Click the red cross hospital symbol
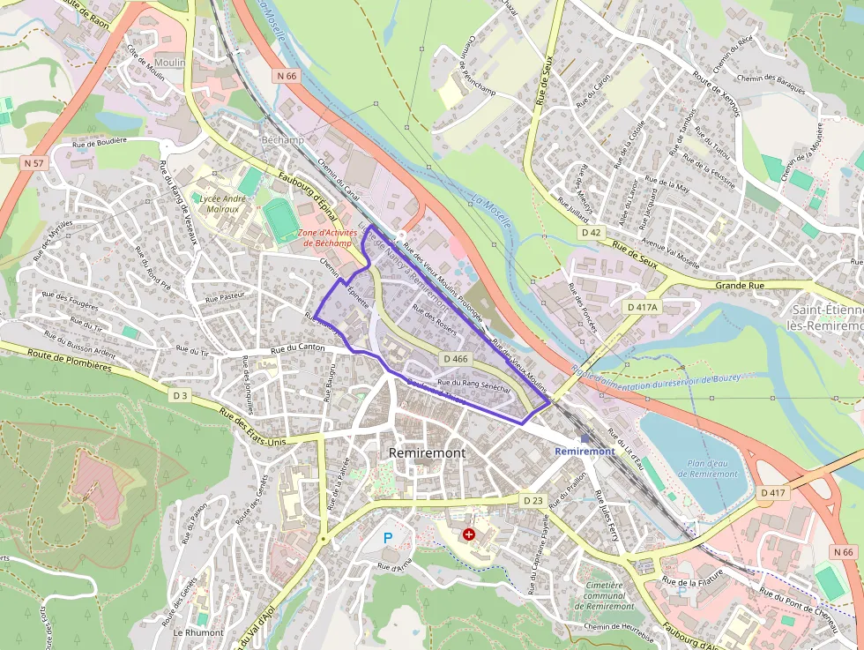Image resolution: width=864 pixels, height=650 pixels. tap(468, 534)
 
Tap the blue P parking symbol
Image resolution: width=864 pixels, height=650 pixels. tap(387, 537)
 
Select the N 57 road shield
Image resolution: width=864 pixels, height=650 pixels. tap(34, 163)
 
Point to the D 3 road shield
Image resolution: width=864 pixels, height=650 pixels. tap(180, 396)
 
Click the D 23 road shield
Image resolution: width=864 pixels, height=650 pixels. tap(533, 500)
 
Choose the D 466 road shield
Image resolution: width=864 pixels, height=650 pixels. tap(456, 359)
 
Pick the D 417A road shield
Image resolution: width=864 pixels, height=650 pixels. tap(641, 306)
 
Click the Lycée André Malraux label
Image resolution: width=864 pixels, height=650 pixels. tap(224, 205)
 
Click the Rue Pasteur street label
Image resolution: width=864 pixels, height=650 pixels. tap(223, 298)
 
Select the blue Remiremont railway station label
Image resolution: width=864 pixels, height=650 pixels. tap(585, 452)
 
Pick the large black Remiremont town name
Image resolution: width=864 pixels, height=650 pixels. tap(427, 452)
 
